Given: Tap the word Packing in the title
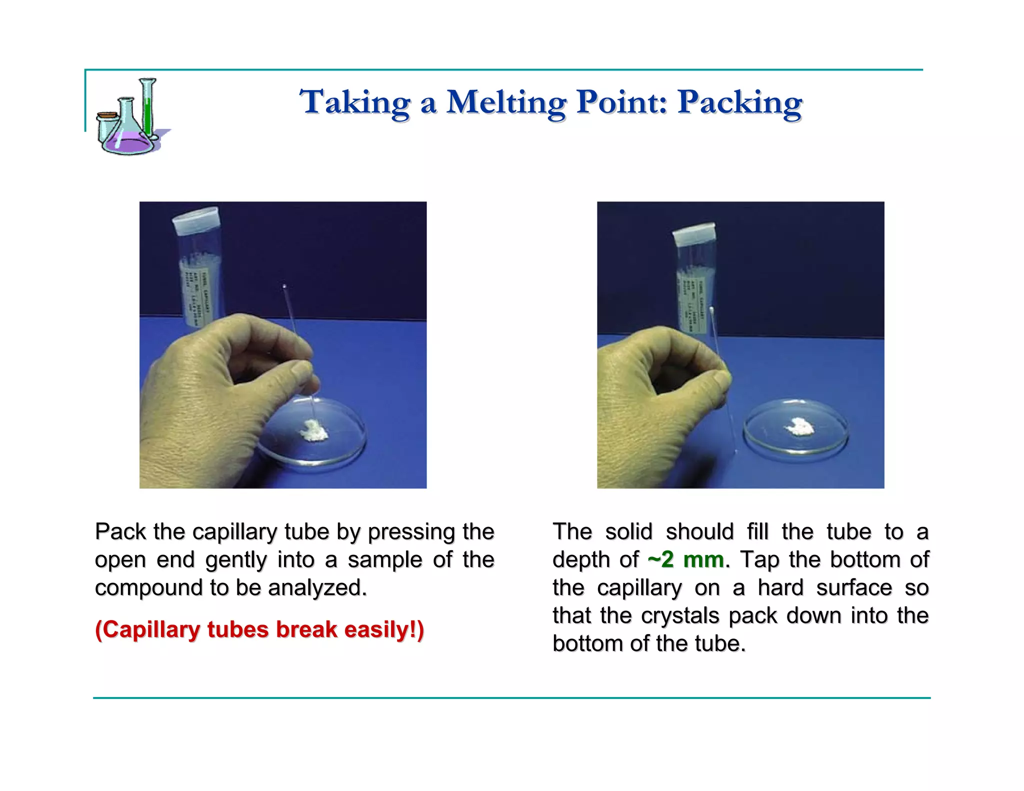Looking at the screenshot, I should [739, 103].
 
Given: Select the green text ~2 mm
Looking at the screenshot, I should [685, 559].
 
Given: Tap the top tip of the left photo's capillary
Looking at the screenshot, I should [284, 286].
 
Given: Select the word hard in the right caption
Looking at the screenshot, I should [780, 588].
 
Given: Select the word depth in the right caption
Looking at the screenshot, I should [580, 560].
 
